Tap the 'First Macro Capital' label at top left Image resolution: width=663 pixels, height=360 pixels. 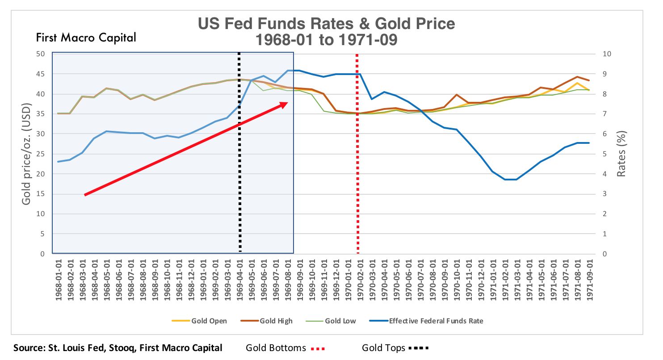pyautogui.click(x=86, y=38)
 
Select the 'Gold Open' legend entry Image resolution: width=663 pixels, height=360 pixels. pyautogui.click(x=209, y=321)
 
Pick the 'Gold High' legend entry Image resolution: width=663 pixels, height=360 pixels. pyautogui.click(x=276, y=321)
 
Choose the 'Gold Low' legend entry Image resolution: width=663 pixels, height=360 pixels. pyautogui.click(x=340, y=321)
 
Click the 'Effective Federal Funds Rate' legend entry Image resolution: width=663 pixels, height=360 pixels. pyautogui.click(x=436, y=321)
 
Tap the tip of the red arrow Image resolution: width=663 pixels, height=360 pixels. pyautogui.click(x=287, y=103)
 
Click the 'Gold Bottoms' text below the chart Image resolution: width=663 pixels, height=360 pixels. pyautogui.click(x=276, y=347)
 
